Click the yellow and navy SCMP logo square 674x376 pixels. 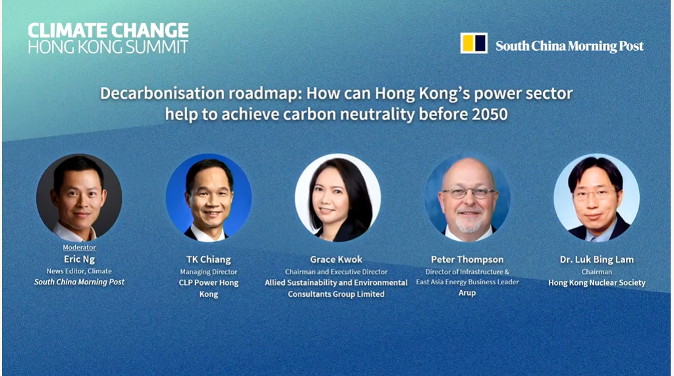[474, 43]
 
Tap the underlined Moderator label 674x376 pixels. [79, 247]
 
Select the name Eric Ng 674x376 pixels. [79, 259]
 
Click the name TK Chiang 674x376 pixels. [208, 259]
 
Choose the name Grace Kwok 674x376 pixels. [336, 259]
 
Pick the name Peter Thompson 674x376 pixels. [467, 259]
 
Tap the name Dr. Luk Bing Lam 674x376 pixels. [597, 259]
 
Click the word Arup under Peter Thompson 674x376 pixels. [467, 293]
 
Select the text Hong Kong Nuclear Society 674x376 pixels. [597, 282]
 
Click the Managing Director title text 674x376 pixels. [208, 272]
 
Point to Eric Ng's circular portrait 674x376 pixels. [79, 197]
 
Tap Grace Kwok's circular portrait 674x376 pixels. [338, 197]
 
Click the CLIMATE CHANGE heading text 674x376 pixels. [108, 30]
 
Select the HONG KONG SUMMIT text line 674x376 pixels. [108, 47]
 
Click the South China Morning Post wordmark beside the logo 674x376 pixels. [569, 46]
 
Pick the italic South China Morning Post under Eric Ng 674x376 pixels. [79, 282]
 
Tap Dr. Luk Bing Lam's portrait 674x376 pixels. [597, 197]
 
